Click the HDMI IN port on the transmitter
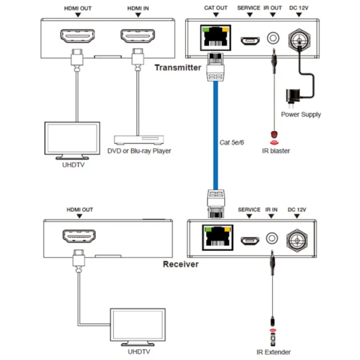(137, 37)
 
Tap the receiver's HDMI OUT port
(79, 237)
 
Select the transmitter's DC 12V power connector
(299, 38)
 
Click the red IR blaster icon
(274, 136)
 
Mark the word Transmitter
(178, 67)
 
